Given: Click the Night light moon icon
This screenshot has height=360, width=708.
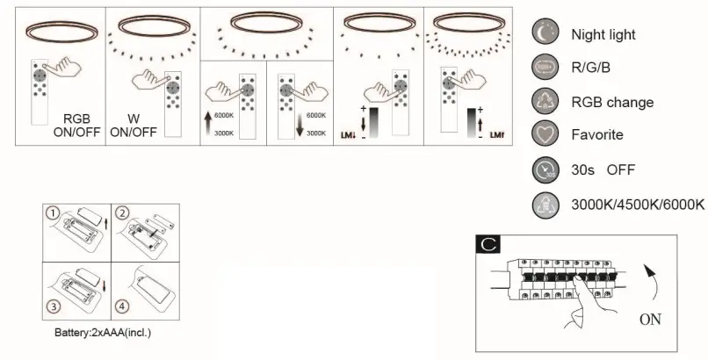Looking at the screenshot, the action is pos(543,34).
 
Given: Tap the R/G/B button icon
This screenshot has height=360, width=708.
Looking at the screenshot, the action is pos(543,68).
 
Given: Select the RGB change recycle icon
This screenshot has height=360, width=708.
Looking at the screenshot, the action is pos(543,102).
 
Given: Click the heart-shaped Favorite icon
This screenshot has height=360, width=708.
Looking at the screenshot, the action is pos(543,135).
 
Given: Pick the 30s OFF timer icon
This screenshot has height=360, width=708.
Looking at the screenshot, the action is pos(543,169).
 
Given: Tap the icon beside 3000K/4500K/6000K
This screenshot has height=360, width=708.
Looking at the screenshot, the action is pos(543,204).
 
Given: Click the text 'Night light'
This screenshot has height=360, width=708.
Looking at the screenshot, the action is pos(603,35).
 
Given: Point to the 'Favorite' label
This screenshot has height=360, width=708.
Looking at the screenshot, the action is pos(596,135).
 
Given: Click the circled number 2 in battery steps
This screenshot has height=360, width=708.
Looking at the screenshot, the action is pos(123,213).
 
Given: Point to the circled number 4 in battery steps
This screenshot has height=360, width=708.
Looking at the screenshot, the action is pos(123,307).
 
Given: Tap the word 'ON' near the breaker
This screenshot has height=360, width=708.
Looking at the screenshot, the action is pos(650,320).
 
